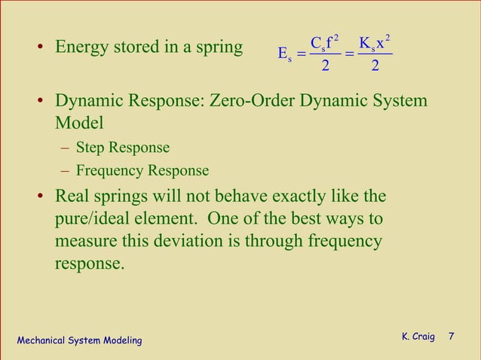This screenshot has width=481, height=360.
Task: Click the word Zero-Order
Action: [255, 102]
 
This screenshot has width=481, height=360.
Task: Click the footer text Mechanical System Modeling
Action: [79, 341]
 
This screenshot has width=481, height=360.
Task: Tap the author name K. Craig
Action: [418, 337]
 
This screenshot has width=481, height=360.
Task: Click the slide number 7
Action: [452, 337]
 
